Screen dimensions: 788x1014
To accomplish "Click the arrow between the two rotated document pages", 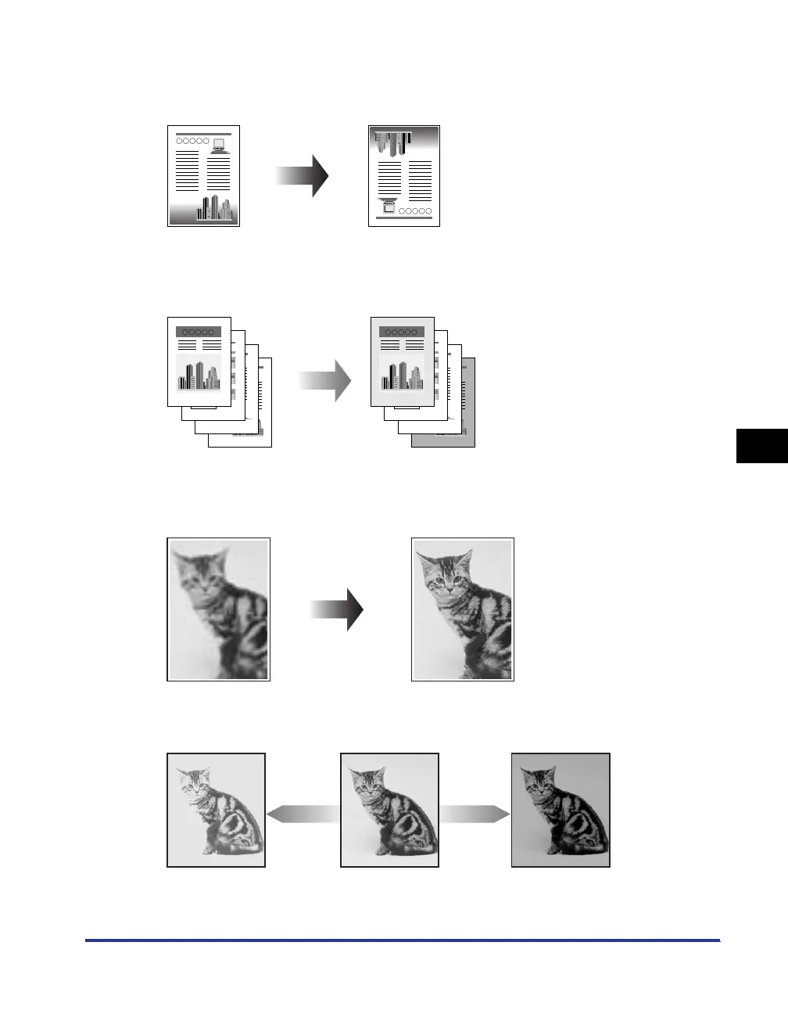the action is [x=302, y=176].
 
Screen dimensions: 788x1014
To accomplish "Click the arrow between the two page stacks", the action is [x=324, y=381].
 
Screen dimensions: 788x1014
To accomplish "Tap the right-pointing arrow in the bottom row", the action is [x=474, y=814].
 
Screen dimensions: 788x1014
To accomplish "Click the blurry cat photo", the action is [x=218, y=609].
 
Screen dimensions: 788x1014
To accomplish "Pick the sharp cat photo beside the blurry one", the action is [x=463, y=609].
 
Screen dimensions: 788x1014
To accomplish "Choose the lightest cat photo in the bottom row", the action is [x=217, y=810].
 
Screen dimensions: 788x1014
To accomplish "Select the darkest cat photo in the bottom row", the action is [x=560, y=810].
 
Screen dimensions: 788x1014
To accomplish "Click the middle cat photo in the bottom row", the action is [x=389, y=810].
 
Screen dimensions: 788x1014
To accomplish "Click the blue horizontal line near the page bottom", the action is [x=402, y=940].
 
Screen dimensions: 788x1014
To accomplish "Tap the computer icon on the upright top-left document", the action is [x=218, y=145].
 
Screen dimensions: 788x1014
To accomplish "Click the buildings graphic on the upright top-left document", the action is [x=214, y=207].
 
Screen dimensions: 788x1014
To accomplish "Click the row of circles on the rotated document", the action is [x=414, y=211].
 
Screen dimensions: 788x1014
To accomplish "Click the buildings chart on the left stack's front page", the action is [x=199, y=374].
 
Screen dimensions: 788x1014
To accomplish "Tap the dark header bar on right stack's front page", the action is [x=401, y=332].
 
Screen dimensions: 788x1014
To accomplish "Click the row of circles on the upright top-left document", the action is [x=193, y=142].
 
